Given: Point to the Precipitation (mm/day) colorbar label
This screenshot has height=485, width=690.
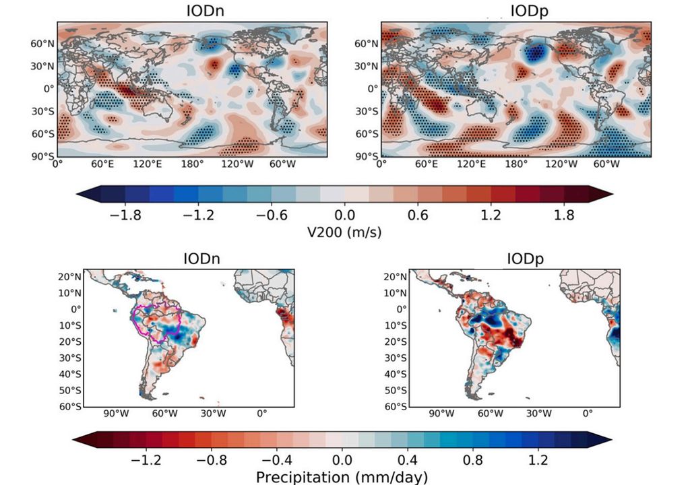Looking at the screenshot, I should [342, 478].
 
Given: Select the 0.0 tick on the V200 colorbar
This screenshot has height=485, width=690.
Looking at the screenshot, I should [344, 216].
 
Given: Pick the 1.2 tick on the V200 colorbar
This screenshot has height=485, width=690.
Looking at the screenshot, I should [491, 216].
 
